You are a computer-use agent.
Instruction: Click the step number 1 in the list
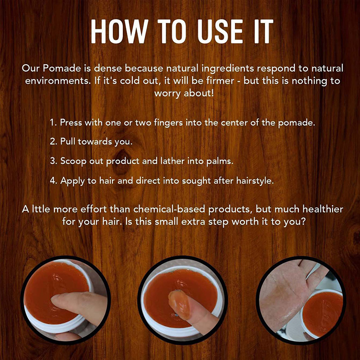point(52,123)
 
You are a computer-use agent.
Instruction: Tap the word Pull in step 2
point(68,141)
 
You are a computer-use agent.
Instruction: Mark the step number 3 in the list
point(52,160)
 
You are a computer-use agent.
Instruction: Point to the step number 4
point(52,180)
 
